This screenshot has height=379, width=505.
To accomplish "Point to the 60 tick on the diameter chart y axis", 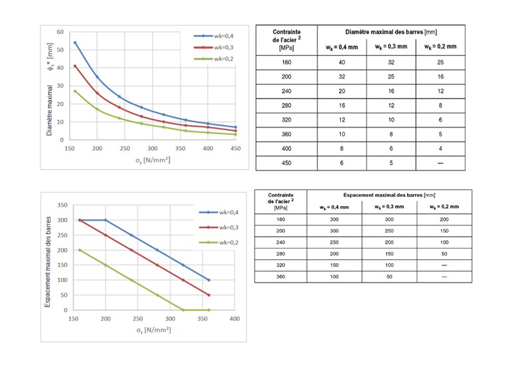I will (60, 32).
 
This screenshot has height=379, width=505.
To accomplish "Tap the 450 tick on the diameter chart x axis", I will (235, 148).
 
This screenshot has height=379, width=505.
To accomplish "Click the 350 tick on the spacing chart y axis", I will (62, 205).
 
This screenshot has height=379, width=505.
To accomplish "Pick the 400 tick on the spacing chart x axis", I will (235, 318).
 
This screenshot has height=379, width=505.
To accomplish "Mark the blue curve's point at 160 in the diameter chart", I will (75, 43).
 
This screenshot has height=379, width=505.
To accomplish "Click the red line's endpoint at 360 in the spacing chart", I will (209, 295).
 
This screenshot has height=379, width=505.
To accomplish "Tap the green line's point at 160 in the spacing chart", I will (80, 250).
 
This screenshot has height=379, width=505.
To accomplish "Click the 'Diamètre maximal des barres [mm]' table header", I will (391, 32).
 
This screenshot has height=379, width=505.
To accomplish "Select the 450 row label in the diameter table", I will (286, 162).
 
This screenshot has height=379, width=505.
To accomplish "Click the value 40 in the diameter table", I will (341, 63).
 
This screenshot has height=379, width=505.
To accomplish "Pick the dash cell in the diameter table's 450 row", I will (441, 162).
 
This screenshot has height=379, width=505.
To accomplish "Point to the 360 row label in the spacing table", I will (280, 276).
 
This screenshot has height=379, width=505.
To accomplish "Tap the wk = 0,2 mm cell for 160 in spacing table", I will (445, 219).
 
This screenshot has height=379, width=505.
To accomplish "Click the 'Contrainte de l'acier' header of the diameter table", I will (286, 39).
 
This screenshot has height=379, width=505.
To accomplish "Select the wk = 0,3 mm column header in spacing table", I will (389, 207).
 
